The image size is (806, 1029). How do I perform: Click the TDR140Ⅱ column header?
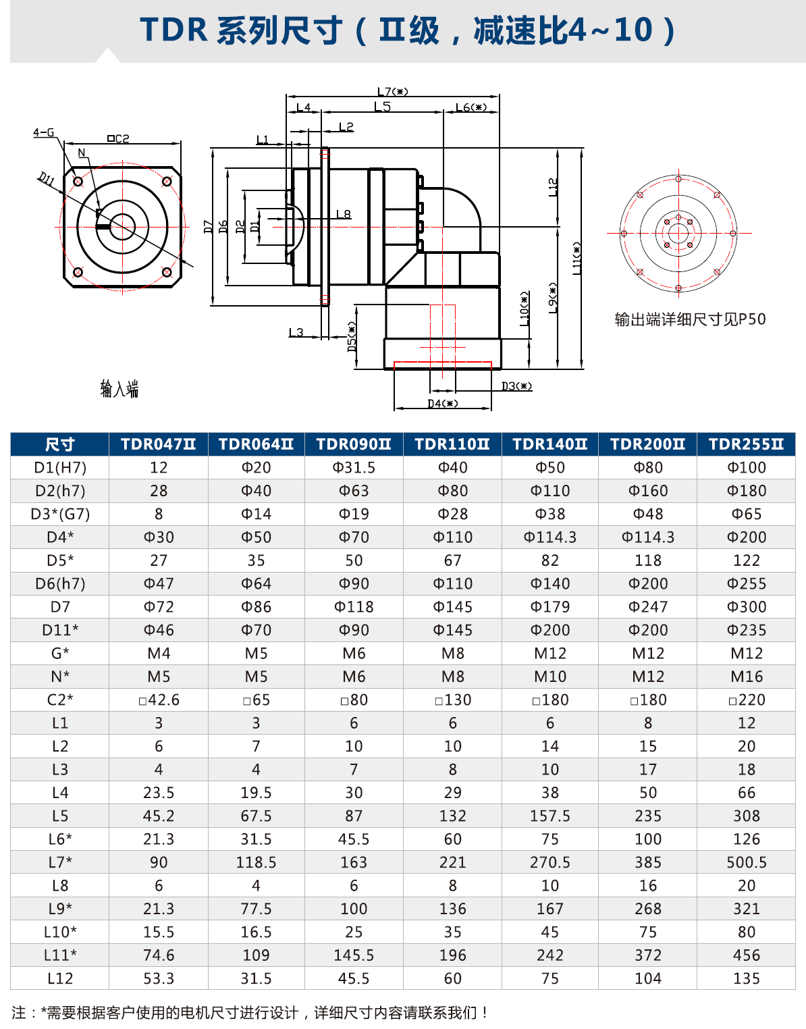[x=550, y=444]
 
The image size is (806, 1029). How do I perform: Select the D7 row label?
[x=60, y=606]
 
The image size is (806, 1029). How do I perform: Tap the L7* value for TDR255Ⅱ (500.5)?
[x=747, y=862]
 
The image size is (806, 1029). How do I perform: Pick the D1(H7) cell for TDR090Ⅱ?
[x=354, y=467]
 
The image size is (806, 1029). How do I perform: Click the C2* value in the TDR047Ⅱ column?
[x=159, y=700]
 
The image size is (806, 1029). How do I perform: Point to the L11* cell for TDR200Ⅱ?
[x=648, y=955]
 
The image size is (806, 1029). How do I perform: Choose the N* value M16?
[x=747, y=677]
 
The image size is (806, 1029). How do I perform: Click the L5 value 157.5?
[x=550, y=816]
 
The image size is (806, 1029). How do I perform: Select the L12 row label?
[x=60, y=978]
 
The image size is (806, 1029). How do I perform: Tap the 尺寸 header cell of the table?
[x=59, y=444]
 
